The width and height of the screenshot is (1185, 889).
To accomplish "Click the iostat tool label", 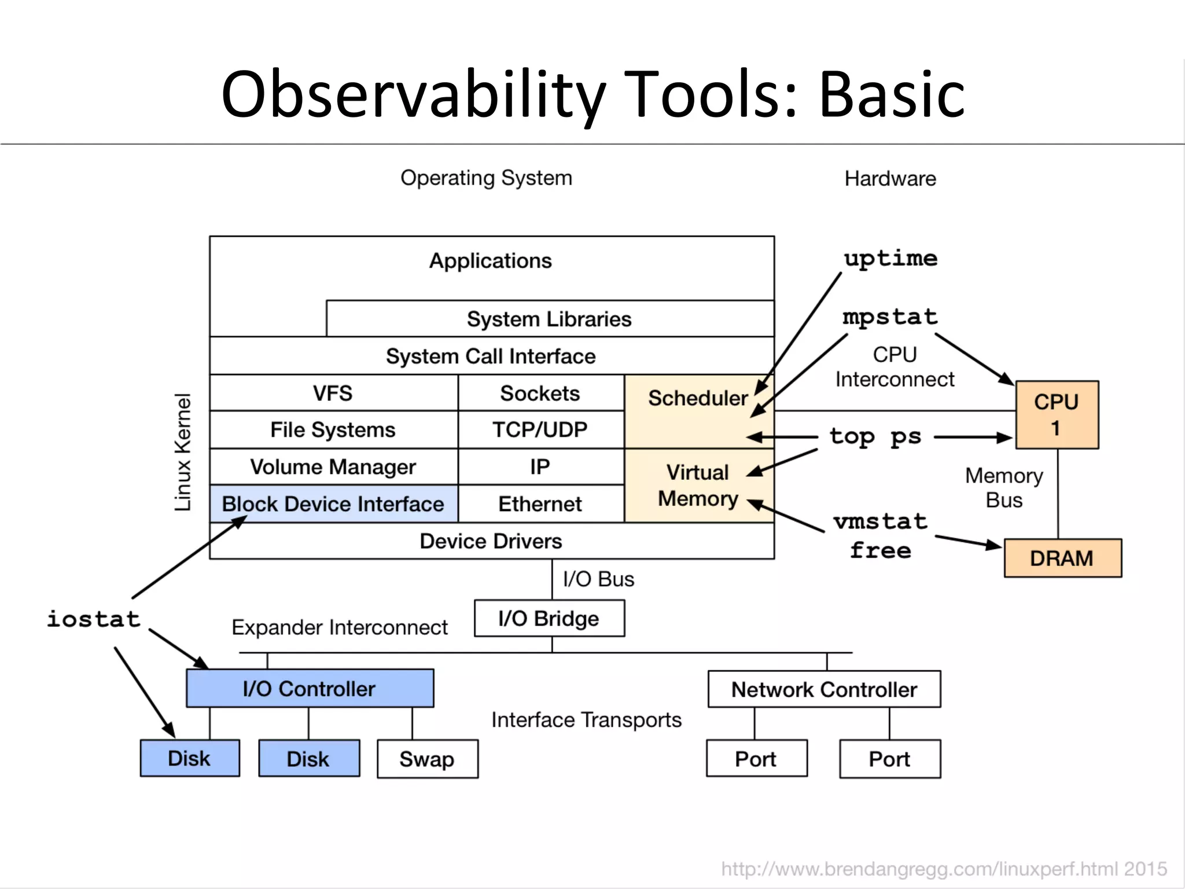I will [93, 619].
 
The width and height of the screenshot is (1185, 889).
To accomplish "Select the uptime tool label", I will [890, 258].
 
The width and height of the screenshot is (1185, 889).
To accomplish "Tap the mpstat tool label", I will [890, 317].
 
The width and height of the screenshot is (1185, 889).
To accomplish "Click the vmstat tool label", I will [880, 521].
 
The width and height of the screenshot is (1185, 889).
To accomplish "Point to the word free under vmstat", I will [880, 550].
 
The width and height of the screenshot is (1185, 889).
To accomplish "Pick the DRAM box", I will [1062, 559].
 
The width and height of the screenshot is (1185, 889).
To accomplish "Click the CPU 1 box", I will [1057, 414].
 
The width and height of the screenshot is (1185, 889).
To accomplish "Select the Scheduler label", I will [698, 398].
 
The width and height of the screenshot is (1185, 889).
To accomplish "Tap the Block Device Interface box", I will [333, 504].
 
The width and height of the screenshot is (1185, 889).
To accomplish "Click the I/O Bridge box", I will [549, 619].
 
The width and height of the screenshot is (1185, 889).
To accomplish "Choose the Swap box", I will [427, 759].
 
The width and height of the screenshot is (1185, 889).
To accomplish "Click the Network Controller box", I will [824, 689].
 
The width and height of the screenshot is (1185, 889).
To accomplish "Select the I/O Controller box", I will [310, 689].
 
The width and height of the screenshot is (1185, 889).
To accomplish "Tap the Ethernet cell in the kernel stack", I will [540, 504].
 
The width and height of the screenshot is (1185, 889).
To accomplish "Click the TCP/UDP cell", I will [540, 429].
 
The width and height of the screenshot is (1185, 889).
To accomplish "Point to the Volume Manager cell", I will [333, 467].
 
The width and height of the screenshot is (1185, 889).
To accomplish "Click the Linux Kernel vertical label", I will [183, 452].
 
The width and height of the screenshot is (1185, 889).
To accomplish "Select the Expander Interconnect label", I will [340, 627].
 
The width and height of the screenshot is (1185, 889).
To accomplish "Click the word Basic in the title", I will [891, 94].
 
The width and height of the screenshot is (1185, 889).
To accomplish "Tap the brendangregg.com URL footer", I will [943, 869].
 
